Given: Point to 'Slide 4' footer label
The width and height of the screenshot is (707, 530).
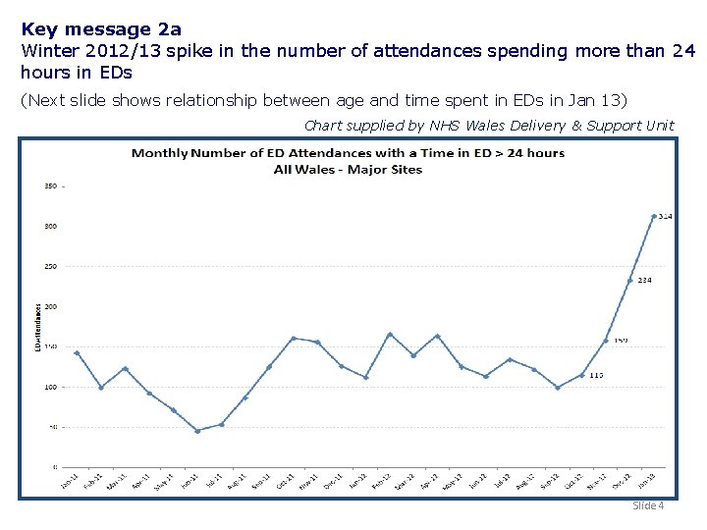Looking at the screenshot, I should click(648, 505).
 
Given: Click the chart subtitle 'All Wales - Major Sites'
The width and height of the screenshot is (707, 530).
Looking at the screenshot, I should click(348, 169).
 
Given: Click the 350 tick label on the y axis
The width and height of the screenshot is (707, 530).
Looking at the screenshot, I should click(50, 185).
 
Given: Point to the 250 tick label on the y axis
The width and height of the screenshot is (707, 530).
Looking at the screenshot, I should click(50, 266).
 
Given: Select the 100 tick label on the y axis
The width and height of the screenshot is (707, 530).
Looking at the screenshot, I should click(50, 387).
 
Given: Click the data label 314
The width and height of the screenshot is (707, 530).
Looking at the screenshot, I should click(665, 216).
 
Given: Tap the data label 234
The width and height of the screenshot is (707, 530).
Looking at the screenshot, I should click(645, 281).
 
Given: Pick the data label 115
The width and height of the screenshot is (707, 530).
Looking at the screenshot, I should click(597, 375).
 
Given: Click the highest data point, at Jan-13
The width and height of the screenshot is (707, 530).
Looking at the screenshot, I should click(654, 216).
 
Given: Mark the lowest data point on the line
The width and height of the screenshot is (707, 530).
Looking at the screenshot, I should click(197, 431).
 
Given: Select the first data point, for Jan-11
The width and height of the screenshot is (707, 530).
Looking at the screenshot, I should click(77, 352).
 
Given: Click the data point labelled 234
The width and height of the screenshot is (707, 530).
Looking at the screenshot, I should click(630, 281).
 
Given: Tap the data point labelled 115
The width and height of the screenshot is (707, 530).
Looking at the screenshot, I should click(582, 375).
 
